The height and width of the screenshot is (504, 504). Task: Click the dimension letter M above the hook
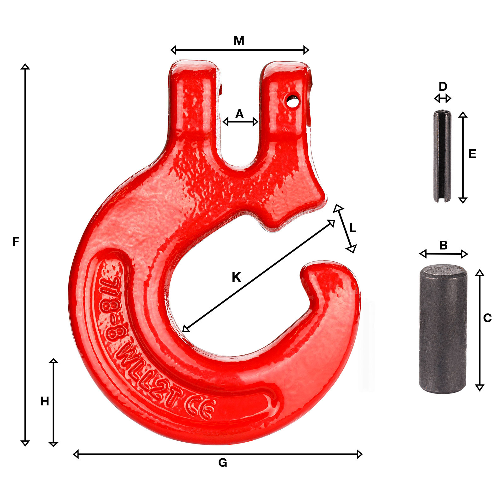point(239,41)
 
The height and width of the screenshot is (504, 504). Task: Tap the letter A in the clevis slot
point(240,114)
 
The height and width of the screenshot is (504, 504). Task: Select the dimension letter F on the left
point(16,242)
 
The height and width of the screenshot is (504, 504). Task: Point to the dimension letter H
point(45,401)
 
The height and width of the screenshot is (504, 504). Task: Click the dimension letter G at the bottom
point(223,463)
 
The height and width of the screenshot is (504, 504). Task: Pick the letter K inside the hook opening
point(236,278)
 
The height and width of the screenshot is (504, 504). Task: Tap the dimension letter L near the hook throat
point(353,228)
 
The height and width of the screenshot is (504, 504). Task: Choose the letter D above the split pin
point(443,86)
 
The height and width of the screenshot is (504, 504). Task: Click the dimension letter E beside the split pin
point(472,154)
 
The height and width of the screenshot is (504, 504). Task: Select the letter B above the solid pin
point(443,245)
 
